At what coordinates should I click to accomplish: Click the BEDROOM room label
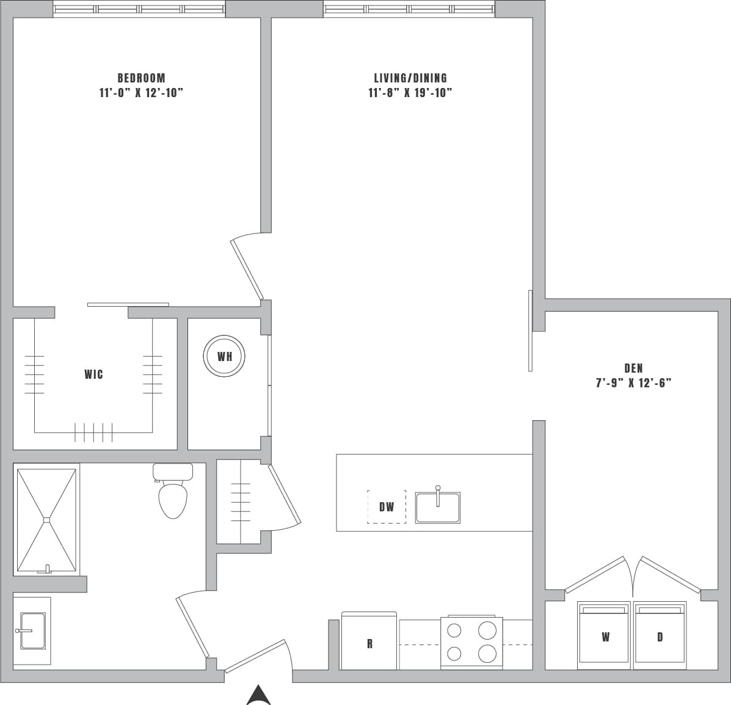(x=141, y=78)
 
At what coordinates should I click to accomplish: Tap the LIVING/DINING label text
(x=410, y=78)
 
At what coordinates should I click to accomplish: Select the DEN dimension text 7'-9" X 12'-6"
(x=633, y=383)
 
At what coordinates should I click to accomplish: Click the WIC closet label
(x=93, y=374)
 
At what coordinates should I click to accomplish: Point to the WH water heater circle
(x=224, y=356)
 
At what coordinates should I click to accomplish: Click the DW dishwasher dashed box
(x=386, y=506)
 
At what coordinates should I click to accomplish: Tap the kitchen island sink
(x=437, y=507)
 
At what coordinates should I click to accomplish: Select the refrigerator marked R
(x=369, y=641)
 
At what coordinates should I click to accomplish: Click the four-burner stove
(x=471, y=642)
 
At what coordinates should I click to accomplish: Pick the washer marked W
(x=605, y=636)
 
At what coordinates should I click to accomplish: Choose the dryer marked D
(x=660, y=636)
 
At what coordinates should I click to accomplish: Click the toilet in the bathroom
(x=172, y=494)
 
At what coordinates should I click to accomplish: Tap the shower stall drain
(x=46, y=520)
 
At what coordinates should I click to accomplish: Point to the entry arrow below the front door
(x=258, y=695)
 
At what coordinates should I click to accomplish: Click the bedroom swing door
(x=247, y=269)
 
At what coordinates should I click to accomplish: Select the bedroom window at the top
(x=139, y=9)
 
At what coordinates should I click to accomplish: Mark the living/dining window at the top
(x=409, y=9)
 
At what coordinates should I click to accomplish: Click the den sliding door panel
(x=531, y=330)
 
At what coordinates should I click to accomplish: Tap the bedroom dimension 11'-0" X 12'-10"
(x=141, y=93)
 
